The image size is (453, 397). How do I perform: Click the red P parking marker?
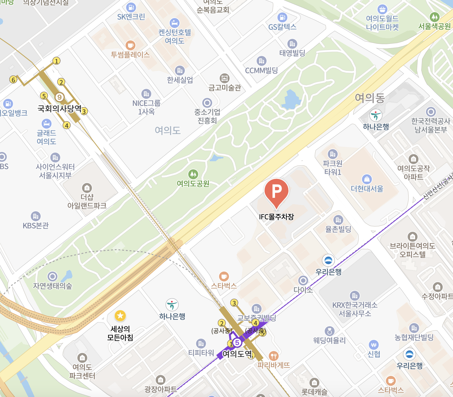coord(277,192)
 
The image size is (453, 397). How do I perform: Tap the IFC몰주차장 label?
coord(276,217)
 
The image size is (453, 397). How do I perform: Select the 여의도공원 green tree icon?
coord(193,174)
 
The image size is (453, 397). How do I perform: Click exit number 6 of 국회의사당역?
coord(13,80)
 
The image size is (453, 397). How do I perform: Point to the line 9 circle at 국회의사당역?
coord(59,97)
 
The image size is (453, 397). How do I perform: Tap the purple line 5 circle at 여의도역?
coord(237,343)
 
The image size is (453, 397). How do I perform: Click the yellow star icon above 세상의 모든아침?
coord(120,316)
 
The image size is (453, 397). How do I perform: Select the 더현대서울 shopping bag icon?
coord(367,179)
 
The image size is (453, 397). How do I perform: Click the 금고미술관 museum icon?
coord(224,78)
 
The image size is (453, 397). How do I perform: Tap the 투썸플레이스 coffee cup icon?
coord(130,45)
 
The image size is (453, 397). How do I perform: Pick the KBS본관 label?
coord(36,226)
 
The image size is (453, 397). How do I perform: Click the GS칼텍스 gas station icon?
coord(282,17)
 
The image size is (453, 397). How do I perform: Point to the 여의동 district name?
coord(370,98)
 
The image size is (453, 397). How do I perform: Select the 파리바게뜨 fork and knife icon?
coord(273,356)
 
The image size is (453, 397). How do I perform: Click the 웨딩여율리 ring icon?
coord(329,331)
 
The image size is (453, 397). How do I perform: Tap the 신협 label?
coord(374,354)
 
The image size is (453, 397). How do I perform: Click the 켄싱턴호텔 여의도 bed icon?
coord(175,23)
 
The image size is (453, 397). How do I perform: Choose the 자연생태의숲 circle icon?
coord(53,276)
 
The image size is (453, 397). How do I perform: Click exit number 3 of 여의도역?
coord(234,303)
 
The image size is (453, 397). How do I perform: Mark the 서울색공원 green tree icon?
coord(434,17)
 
